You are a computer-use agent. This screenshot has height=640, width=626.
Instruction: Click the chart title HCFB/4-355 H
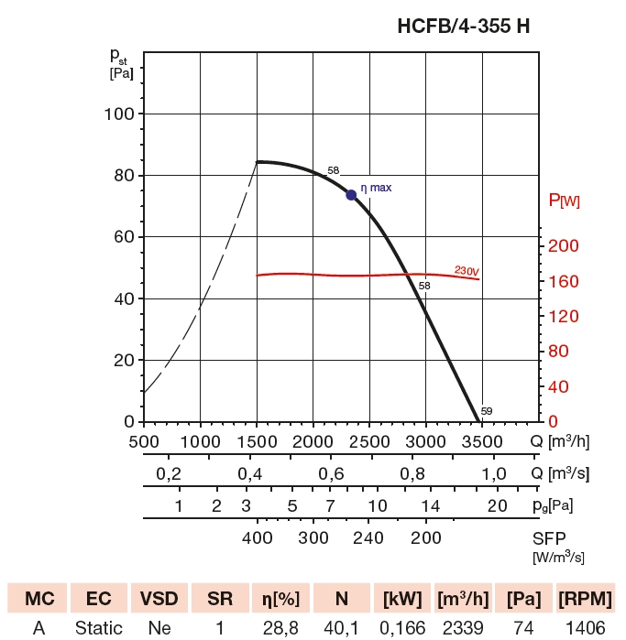463,27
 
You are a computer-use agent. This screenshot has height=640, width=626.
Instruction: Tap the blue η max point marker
351,195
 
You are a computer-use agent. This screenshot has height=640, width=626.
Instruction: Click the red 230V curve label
467,271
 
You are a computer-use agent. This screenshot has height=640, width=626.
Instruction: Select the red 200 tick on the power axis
564,245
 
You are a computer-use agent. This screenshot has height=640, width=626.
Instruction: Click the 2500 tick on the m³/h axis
368,442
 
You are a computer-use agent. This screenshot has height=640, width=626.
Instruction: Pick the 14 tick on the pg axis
430,506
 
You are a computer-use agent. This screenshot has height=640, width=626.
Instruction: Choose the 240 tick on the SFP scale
368,537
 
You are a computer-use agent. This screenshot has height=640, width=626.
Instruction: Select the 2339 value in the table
463,628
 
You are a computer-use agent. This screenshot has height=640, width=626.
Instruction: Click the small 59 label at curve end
486,411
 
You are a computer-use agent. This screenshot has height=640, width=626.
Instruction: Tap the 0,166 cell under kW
401,628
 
